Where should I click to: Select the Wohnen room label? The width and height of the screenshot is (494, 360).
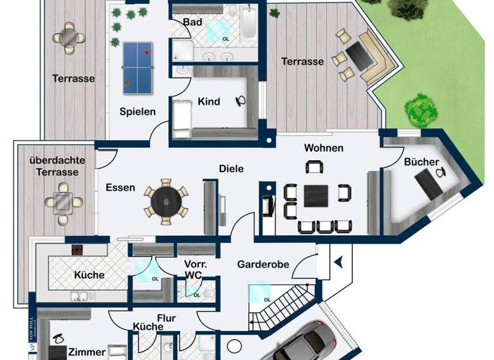tap(324, 148)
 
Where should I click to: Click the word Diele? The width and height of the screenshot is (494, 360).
tap(231, 169)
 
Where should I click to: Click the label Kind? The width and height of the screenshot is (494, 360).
tap(209, 102)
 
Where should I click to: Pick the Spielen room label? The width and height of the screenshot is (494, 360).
tap(138, 111)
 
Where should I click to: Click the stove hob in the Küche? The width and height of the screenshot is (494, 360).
tap(78, 251)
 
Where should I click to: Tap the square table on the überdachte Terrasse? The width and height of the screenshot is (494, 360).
tap(62, 202)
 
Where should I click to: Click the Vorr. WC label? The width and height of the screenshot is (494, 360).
tap(194, 269)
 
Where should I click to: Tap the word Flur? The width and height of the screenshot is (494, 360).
tap(166, 318)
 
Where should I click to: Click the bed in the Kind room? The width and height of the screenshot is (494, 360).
tap(182, 120)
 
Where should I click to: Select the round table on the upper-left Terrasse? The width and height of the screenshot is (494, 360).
tap(69, 38)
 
